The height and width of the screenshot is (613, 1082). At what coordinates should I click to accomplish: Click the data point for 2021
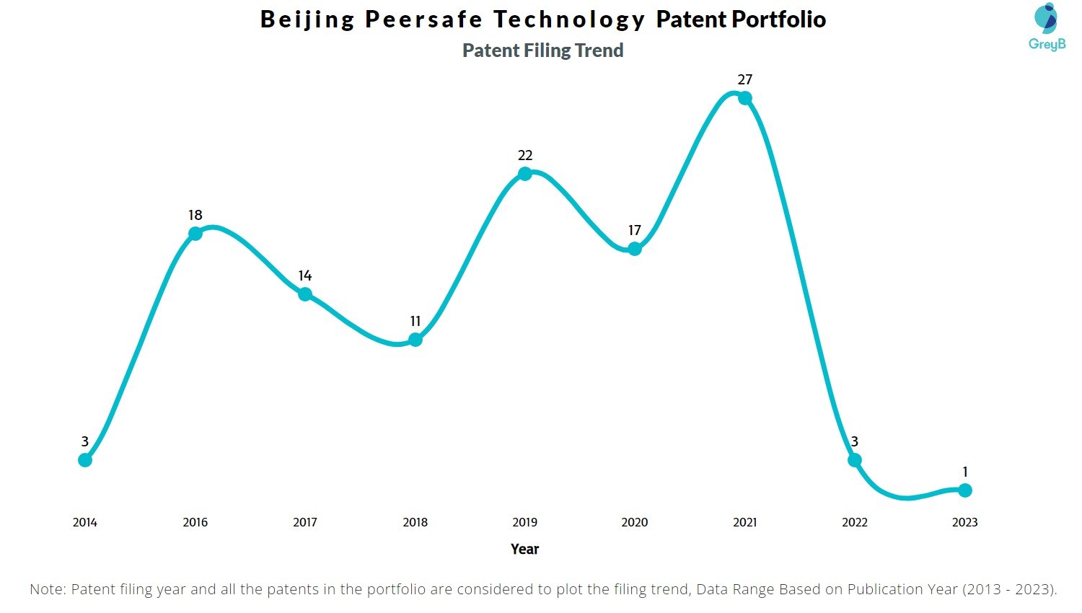745,98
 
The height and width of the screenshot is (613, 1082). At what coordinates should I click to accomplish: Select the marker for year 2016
195,234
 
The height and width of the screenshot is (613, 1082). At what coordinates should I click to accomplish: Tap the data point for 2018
415,340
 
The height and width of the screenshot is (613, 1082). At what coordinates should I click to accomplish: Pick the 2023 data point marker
965,490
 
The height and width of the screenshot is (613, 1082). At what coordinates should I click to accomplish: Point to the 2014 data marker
85,460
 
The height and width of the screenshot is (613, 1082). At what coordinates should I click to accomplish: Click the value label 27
745,79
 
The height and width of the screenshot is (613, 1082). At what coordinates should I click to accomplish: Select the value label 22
525,155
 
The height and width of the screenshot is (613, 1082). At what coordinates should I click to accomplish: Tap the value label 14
305,275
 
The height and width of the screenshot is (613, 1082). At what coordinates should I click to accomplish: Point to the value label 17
635,230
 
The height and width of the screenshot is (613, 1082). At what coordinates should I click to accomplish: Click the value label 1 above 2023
965,472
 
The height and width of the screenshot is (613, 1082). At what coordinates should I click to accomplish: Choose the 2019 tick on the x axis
525,522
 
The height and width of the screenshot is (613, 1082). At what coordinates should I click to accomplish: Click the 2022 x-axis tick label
855,522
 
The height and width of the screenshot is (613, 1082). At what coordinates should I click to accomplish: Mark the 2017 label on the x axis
305,522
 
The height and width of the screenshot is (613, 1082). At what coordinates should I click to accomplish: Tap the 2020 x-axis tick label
635,522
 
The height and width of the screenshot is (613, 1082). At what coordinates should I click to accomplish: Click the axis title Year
525,550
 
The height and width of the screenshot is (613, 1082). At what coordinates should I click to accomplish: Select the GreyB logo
1047,27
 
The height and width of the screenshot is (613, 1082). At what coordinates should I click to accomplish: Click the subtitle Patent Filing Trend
542,50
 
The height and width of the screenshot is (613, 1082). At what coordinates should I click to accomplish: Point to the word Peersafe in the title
423,19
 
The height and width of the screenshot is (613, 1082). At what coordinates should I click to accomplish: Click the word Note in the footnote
48,589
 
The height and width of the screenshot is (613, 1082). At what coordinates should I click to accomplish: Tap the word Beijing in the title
308,19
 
